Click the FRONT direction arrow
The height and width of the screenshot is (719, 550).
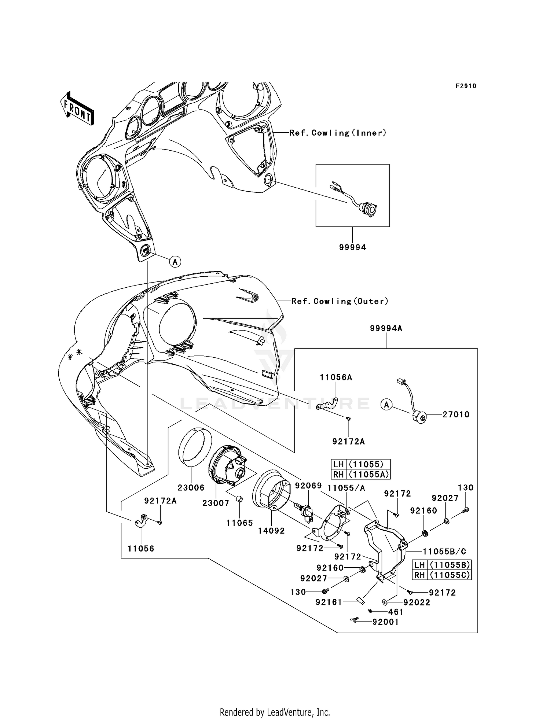point(77,109)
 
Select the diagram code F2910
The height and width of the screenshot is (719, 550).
point(466,86)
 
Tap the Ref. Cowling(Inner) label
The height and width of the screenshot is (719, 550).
point(338,133)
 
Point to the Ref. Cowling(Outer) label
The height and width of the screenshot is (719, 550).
point(340,301)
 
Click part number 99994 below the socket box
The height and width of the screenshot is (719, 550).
point(352,248)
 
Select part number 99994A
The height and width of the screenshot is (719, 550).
point(386,329)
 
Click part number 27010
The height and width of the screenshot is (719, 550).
point(456,414)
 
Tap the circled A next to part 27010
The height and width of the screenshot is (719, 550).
point(386,405)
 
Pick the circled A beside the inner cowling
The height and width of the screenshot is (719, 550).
point(175,262)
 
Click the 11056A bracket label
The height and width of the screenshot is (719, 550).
point(336,377)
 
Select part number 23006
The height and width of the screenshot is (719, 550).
point(191,488)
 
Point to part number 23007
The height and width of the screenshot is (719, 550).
point(216,503)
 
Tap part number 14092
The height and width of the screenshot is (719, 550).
point(271,531)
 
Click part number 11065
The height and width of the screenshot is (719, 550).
point(239,523)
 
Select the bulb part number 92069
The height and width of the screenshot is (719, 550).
point(308,486)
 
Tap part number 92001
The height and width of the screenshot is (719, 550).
point(385,622)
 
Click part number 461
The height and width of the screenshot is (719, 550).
point(395,612)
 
